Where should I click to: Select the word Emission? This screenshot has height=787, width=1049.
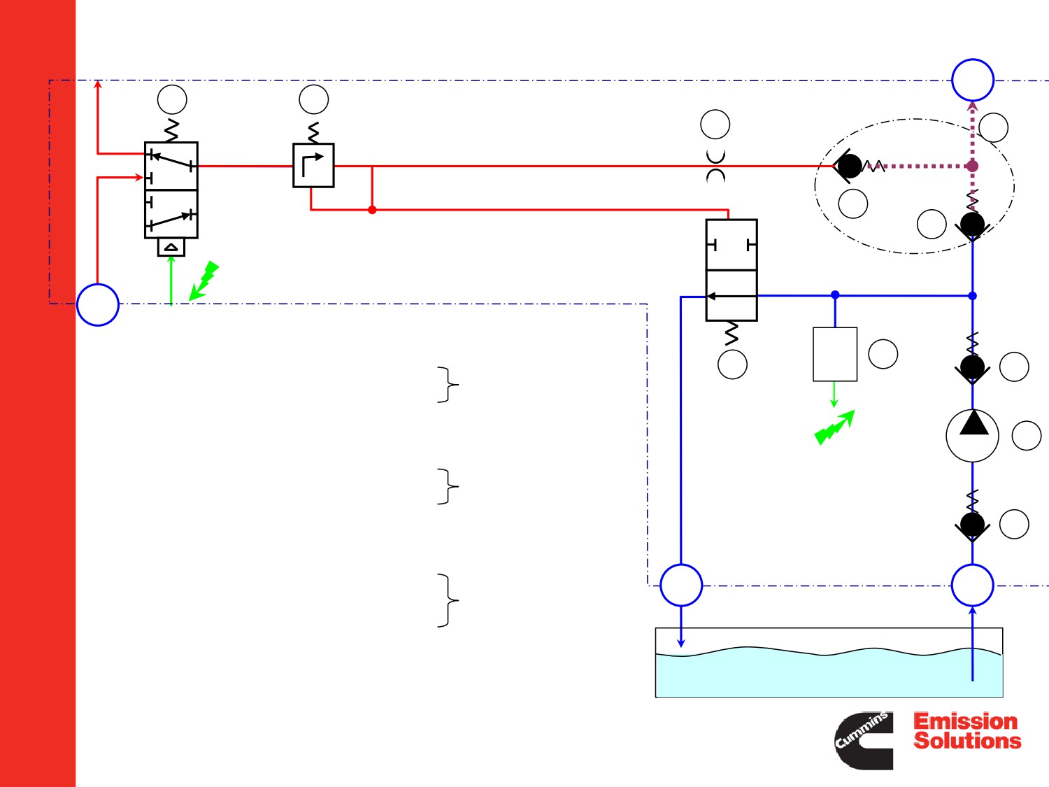pyautogui.click(x=965, y=721)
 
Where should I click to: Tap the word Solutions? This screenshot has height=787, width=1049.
pyautogui.click(x=967, y=741)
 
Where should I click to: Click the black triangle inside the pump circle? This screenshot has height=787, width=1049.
pyautogui.click(x=973, y=423)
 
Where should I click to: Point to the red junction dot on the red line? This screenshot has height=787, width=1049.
pyautogui.click(x=372, y=210)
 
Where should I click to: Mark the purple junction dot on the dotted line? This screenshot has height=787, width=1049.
pyautogui.click(x=972, y=166)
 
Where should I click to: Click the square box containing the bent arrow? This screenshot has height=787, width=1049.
pyautogui.click(x=313, y=165)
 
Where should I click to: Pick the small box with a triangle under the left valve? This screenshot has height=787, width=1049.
pyautogui.click(x=171, y=248)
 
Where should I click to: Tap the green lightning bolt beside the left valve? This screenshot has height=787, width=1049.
pyautogui.click(x=204, y=281)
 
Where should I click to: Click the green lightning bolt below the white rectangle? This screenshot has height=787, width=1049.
pyautogui.click(x=834, y=427)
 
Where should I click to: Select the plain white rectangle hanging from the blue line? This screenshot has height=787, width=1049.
pyautogui.click(x=835, y=354)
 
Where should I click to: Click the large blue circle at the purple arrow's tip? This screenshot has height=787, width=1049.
pyautogui.click(x=973, y=80)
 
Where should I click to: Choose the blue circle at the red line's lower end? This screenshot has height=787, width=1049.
pyautogui.click(x=97, y=305)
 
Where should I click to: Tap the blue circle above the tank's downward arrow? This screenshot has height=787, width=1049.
pyautogui.click(x=681, y=586)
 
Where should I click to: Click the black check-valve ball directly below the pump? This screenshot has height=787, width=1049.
pyautogui.click(x=973, y=525)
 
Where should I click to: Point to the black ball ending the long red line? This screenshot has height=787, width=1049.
pyautogui.click(x=850, y=166)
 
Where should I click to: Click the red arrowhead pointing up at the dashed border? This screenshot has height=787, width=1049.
pyautogui.click(x=98, y=85)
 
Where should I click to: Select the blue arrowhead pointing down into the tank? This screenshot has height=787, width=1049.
pyautogui.click(x=681, y=644)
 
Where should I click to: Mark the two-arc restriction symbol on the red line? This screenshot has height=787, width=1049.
pyautogui.click(x=715, y=166)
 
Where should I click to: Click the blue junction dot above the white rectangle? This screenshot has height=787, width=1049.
pyautogui.click(x=835, y=295)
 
